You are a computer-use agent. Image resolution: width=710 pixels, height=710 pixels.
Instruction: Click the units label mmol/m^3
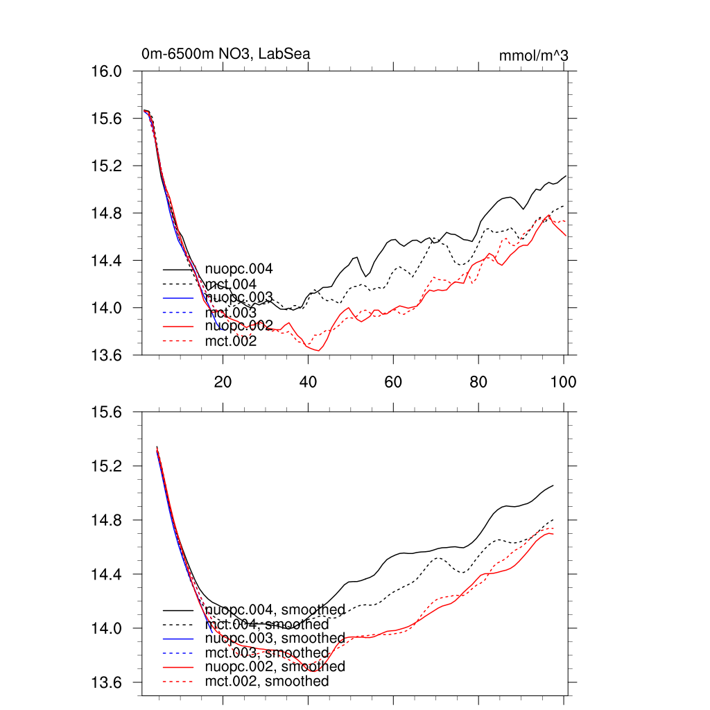tap(533, 55)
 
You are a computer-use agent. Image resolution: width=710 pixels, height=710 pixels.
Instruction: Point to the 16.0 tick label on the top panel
tap(107, 71)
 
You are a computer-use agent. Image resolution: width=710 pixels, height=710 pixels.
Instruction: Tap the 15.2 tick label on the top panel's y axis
tap(107, 166)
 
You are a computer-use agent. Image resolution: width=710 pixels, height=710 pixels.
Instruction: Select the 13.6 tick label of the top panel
tap(107, 355)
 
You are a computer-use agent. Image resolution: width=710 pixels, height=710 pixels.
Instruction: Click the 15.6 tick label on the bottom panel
tap(107, 413)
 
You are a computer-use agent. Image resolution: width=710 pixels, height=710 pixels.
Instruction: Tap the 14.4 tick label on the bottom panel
tap(107, 575)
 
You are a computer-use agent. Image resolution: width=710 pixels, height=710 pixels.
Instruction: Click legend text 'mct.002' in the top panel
tap(231, 341)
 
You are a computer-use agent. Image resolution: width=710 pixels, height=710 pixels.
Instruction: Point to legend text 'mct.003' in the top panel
tap(231, 313)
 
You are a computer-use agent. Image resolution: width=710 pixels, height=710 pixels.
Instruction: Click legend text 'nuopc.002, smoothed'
tap(275, 666)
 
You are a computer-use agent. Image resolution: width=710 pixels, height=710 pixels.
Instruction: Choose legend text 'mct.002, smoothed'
tap(268, 682)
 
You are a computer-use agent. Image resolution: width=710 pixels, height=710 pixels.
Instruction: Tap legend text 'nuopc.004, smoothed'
tap(275, 610)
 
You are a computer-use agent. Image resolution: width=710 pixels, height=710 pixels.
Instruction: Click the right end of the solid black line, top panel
tap(566, 176)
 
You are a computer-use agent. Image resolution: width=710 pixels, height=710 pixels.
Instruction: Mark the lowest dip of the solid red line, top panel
tap(318, 351)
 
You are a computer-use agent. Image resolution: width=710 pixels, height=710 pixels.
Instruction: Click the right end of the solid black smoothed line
tap(553, 485)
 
